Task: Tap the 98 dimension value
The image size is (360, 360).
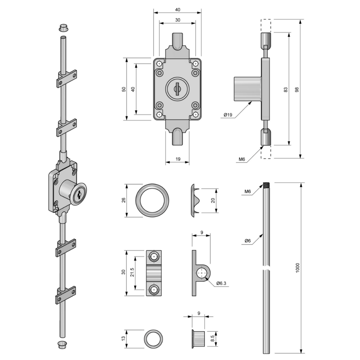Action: [297, 89]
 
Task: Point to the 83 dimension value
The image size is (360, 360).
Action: [285, 89]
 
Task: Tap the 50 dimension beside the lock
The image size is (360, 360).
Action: [123, 89]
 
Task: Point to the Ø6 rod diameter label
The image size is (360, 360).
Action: [247, 241]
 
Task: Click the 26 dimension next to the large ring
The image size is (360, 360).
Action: [123, 201]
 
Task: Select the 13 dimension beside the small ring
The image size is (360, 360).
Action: [123, 338]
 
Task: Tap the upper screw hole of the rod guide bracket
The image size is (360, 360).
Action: [154, 257]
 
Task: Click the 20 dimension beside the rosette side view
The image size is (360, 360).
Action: [213, 201]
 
